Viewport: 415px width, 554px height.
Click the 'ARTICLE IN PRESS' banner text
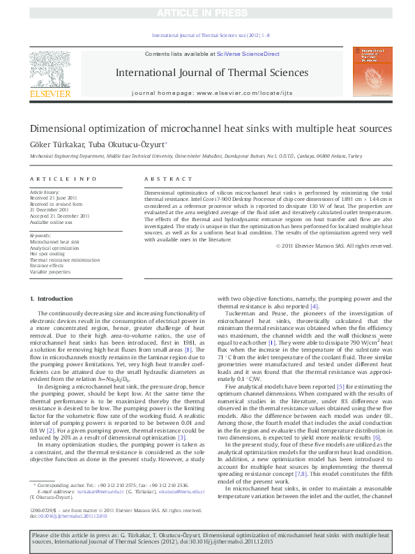coord(207,13)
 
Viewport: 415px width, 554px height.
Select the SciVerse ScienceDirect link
coord(248,54)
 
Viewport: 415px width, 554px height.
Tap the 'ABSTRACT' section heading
coord(161,179)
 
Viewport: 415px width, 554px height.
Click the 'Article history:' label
coord(45,191)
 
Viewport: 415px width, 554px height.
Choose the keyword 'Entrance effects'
coord(50,266)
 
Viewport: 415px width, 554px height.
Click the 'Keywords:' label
coord(40,236)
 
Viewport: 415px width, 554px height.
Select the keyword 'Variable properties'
coord(52,271)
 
